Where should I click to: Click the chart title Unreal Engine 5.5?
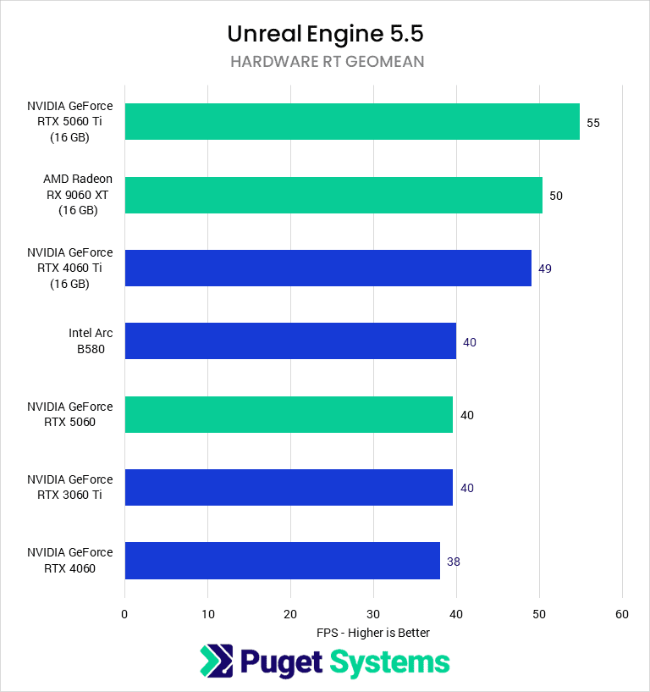pyautogui.click(x=325, y=33)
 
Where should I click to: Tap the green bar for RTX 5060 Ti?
pyautogui.click(x=352, y=122)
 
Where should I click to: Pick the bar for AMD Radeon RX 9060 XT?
pyautogui.click(x=333, y=195)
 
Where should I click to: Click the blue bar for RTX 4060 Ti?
pyautogui.click(x=328, y=268)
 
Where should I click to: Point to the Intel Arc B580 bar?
pyautogui.click(x=290, y=341)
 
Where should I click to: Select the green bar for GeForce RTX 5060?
pyautogui.click(x=289, y=415)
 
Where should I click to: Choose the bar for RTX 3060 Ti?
pyautogui.click(x=289, y=488)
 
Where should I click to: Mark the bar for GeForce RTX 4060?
pyautogui.click(x=283, y=561)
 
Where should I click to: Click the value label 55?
pyautogui.click(x=593, y=123)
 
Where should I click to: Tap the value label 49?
pyautogui.click(x=545, y=269)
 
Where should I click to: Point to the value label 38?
pyautogui.click(x=454, y=562)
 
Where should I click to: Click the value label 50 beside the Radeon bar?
pyautogui.click(x=556, y=196)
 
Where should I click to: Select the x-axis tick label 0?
pyautogui.click(x=124, y=614)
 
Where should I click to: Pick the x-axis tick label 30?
pyautogui.click(x=373, y=614)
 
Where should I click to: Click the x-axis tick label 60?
pyautogui.click(x=622, y=614)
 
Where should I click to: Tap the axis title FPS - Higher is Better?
pyautogui.click(x=373, y=633)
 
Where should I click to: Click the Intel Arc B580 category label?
pyautogui.click(x=91, y=341)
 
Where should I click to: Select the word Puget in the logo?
pyautogui.click(x=282, y=662)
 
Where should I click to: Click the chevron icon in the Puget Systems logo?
pyautogui.click(x=216, y=662)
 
